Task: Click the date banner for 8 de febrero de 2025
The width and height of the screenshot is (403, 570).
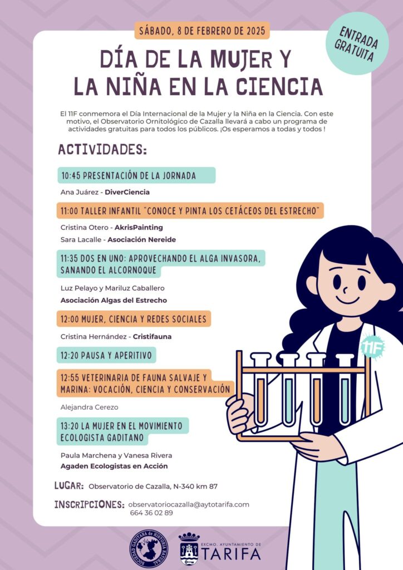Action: click(x=202, y=31)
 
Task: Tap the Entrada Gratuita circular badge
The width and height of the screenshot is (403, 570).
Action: click(x=357, y=43)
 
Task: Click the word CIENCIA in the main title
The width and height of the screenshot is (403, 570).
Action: click(x=279, y=86)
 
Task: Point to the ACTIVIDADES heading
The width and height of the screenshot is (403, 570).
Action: click(x=102, y=149)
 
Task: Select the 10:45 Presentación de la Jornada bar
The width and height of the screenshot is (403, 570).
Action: click(x=136, y=175)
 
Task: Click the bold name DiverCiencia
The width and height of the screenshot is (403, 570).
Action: click(x=127, y=192)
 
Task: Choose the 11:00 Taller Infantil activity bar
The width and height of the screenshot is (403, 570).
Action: click(x=190, y=210)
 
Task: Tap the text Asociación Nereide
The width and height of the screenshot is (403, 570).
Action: click(x=142, y=239)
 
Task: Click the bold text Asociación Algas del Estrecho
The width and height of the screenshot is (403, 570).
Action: click(x=114, y=300)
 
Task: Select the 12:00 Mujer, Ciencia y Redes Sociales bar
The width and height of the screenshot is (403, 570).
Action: click(x=134, y=319)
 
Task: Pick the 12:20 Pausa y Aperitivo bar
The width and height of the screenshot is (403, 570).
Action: click(x=106, y=355)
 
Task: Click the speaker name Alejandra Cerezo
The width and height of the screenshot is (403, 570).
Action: click(x=90, y=407)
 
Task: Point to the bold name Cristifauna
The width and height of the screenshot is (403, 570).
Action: click(x=153, y=337)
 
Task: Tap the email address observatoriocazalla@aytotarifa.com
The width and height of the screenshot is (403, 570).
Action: click(x=189, y=504)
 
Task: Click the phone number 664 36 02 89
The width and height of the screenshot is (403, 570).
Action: click(x=151, y=513)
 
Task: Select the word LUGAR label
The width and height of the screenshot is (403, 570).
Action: click(x=69, y=485)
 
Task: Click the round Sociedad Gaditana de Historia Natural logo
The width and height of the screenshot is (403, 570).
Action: click(x=149, y=549)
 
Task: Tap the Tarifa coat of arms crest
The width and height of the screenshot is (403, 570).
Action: click(x=189, y=549)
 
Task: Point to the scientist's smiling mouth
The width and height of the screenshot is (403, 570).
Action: click(x=348, y=300)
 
